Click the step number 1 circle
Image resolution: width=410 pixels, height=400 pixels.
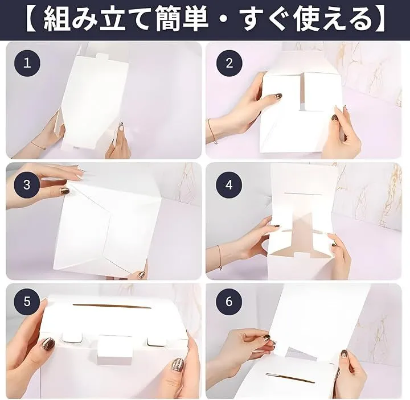point(27,63)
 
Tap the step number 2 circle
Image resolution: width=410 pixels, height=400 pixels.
point(229,63)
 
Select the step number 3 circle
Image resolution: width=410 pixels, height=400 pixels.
point(27,185)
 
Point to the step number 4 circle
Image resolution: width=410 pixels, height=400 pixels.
point(229,185)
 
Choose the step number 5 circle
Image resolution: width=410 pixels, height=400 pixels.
point(27,301)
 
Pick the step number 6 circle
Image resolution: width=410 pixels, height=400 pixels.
point(229,301)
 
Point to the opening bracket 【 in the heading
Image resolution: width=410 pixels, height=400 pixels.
point(32,19)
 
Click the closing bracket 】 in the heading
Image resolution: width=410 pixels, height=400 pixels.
point(379,19)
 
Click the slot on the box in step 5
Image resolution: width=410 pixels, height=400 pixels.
point(108,306)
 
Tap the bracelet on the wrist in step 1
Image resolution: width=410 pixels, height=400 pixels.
point(38,145)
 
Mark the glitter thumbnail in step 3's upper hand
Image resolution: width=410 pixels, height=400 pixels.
point(64,191)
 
